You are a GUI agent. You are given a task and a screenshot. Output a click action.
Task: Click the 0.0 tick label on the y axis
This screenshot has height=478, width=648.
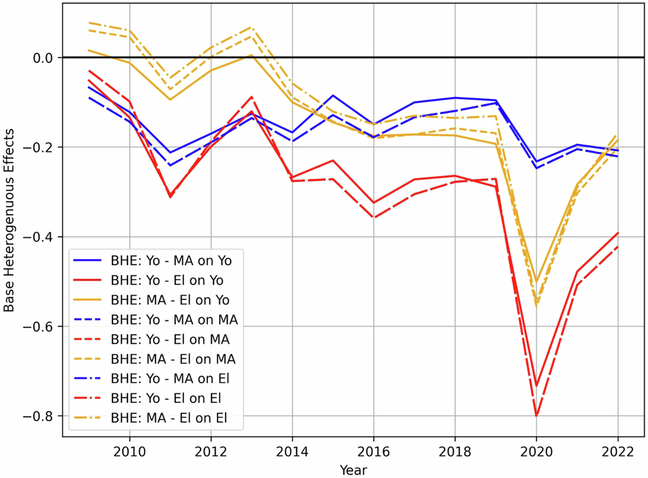tap(43, 58)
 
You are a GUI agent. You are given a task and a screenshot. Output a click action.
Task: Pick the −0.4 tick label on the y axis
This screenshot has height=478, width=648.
tap(38, 237)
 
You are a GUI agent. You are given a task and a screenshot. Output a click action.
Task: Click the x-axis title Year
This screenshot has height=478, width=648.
tap(353, 470)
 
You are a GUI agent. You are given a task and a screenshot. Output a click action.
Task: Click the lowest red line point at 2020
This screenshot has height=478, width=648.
tap(536, 415)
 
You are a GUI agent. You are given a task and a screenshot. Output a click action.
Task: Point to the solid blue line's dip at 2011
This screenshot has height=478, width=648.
tap(171, 153)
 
